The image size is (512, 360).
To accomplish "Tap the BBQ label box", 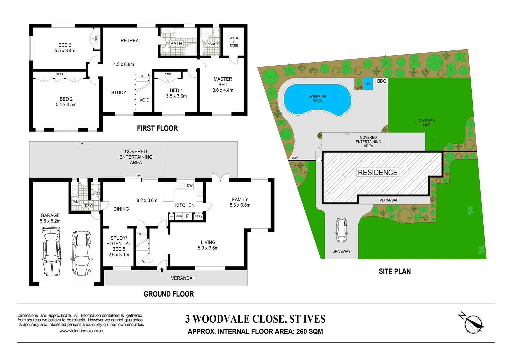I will pyautogui.click(x=382, y=81).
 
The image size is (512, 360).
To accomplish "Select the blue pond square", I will pyautogui.click(x=368, y=84).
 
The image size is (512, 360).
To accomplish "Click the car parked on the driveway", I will pyautogui.click(x=341, y=230).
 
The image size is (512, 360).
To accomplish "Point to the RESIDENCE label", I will pyautogui.click(x=377, y=172).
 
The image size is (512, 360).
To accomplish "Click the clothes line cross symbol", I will pyautogui.click(x=414, y=122).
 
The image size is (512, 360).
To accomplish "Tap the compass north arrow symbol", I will pyautogui.click(x=473, y=323).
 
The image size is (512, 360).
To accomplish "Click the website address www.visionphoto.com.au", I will pyautogui.click(x=81, y=331).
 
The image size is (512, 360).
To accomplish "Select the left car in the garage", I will pyautogui.click(x=52, y=251).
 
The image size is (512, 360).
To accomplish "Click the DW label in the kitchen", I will pyautogui.click(x=189, y=186).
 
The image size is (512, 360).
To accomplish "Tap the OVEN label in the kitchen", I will pyautogui.click(x=179, y=216).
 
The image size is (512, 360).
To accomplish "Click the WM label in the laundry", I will pyautogui.click(x=76, y=202).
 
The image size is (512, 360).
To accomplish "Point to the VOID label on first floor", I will pyautogui.click(x=144, y=100).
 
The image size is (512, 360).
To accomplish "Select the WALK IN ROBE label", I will pyautogui.click(x=234, y=42).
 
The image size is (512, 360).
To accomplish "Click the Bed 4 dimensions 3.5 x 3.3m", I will pyautogui.click(x=176, y=96).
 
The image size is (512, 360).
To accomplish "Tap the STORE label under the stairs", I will pyautogui.click(x=141, y=234).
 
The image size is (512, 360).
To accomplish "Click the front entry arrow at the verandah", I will pyautogui.click(x=162, y=270).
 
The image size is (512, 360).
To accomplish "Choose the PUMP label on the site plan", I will pyautogui.click(x=293, y=158).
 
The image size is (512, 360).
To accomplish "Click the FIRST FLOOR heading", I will pyautogui.click(x=157, y=128).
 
